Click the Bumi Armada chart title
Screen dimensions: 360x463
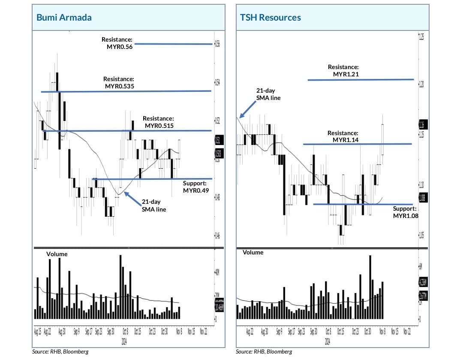[64, 18]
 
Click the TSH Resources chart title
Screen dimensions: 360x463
[270, 18]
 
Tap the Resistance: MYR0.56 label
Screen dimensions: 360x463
[117, 43]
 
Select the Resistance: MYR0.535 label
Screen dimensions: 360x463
[119, 83]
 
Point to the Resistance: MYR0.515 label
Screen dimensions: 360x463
[159, 122]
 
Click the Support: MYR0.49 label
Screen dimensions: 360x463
[195, 187]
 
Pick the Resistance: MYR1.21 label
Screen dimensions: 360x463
[343, 71]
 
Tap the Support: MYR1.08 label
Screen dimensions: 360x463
[404, 212]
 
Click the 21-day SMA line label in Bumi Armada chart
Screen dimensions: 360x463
[154, 206]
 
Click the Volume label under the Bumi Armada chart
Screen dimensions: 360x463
[57, 254]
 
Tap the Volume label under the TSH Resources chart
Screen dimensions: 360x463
[253, 252]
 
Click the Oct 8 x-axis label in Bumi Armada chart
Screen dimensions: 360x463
[125, 332]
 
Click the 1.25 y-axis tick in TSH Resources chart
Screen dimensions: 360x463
[421, 38]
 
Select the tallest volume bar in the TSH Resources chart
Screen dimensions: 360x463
[370, 287]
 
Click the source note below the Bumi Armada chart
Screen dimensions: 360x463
[60, 352]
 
